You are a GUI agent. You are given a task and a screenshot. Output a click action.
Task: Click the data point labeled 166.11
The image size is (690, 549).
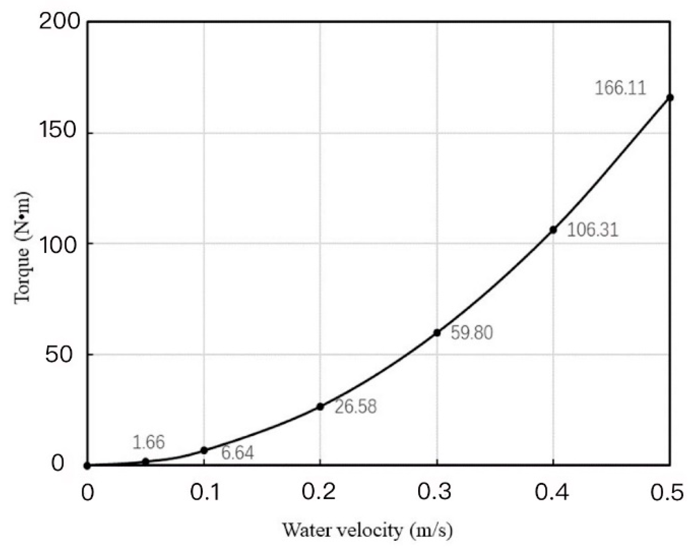[670, 98]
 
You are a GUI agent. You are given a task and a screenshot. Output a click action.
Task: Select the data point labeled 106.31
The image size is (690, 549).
[553, 230]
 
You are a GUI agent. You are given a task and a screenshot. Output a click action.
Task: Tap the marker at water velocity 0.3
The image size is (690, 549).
[437, 333]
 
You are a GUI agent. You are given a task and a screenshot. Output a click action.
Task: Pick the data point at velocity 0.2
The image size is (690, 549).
[320, 407]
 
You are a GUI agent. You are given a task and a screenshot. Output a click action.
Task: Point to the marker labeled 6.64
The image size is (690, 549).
[204, 450]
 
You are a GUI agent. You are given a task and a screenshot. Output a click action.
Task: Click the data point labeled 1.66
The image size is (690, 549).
[146, 461]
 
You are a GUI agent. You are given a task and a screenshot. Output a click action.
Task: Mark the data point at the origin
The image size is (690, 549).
[87, 466]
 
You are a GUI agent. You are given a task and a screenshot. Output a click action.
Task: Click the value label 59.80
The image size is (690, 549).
[472, 333]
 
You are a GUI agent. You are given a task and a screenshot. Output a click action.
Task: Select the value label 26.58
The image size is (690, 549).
[356, 407]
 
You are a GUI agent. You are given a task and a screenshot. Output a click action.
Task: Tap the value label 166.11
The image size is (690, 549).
[620, 88]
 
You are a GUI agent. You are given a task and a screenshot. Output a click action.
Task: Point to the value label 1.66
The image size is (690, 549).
[148, 442]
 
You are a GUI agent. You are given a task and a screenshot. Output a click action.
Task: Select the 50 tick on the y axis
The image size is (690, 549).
[58, 354]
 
